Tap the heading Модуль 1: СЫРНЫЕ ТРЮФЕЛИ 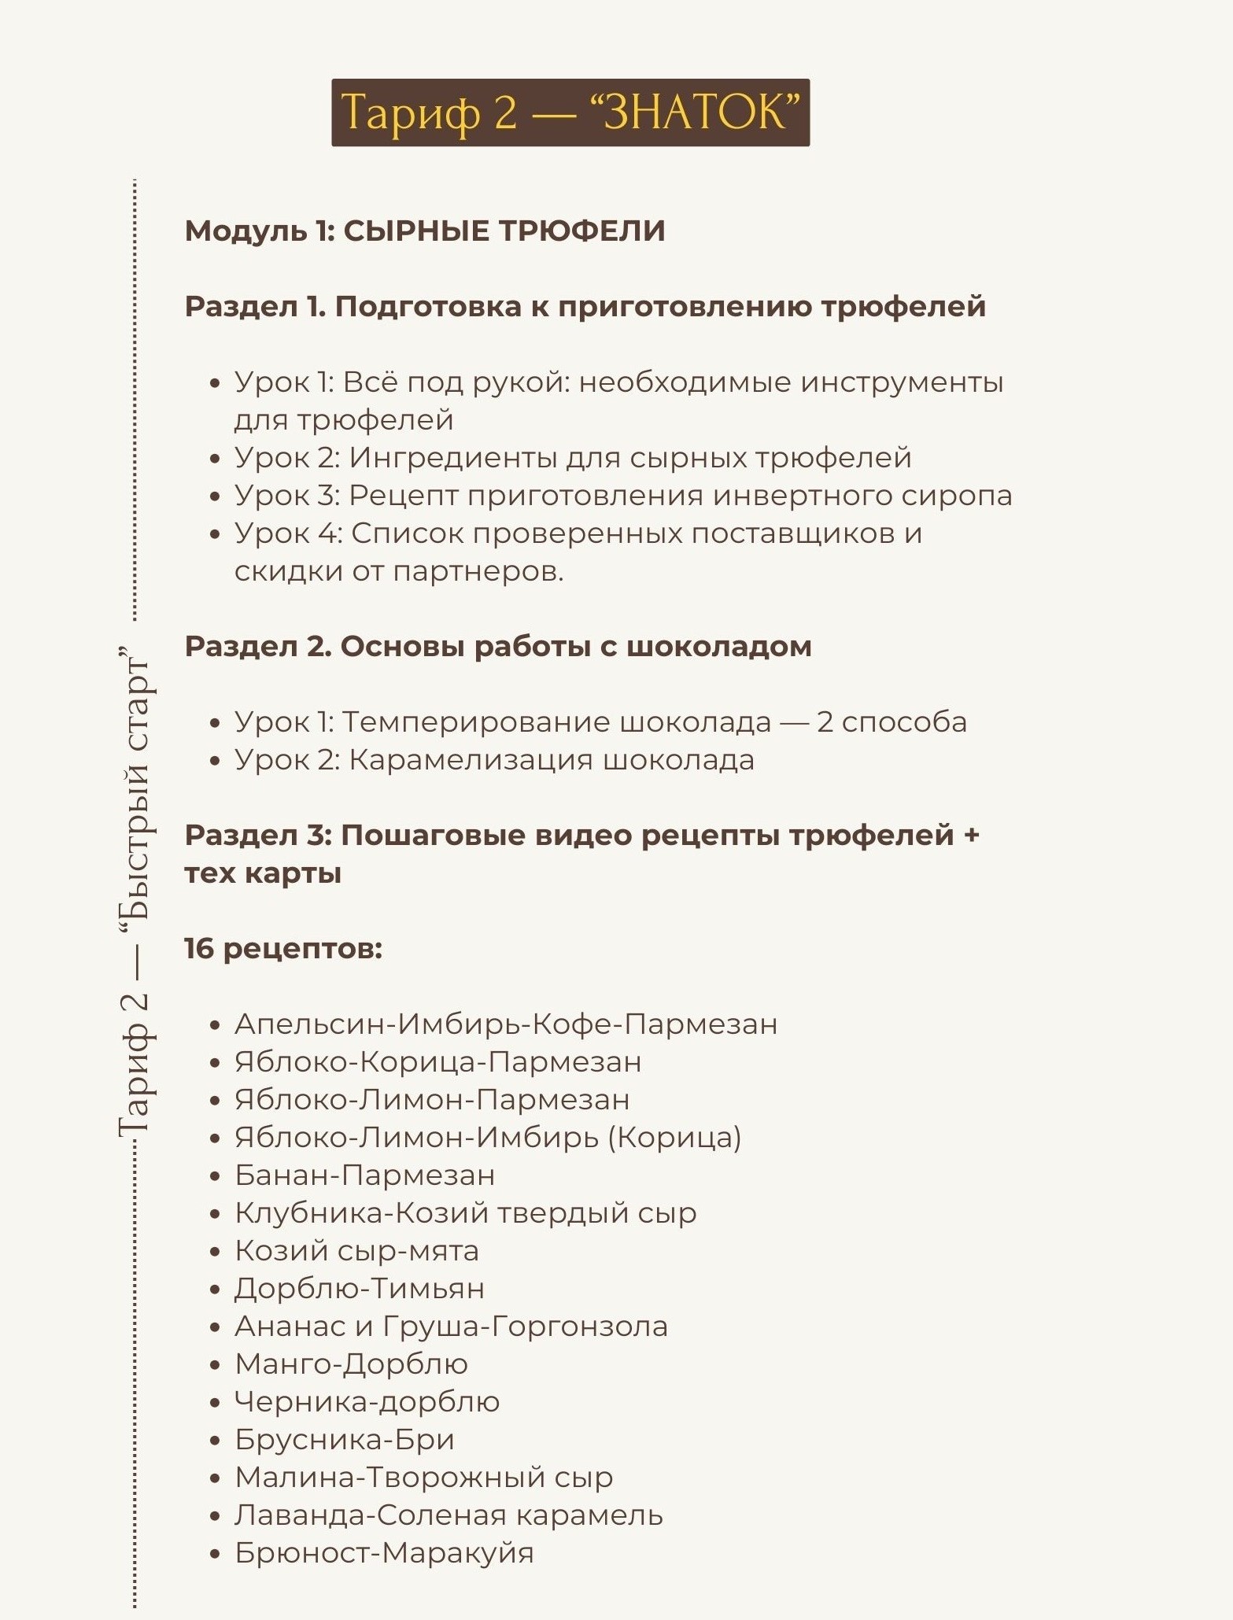tap(425, 231)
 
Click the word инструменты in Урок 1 tap(902, 382)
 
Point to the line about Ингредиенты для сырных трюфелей tap(573, 458)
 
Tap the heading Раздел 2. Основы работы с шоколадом tap(497, 647)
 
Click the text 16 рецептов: tap(283, 949)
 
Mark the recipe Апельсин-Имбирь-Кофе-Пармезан tap(506, 1024)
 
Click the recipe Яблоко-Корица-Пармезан tap(437, 1062)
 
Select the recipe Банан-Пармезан tap(364, 1175)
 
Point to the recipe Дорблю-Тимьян tap(359, 1289)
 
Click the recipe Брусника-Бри tap(344, 1440)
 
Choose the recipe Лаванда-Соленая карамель tap(449, 1515)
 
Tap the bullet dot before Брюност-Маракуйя tap(216, 1554)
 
